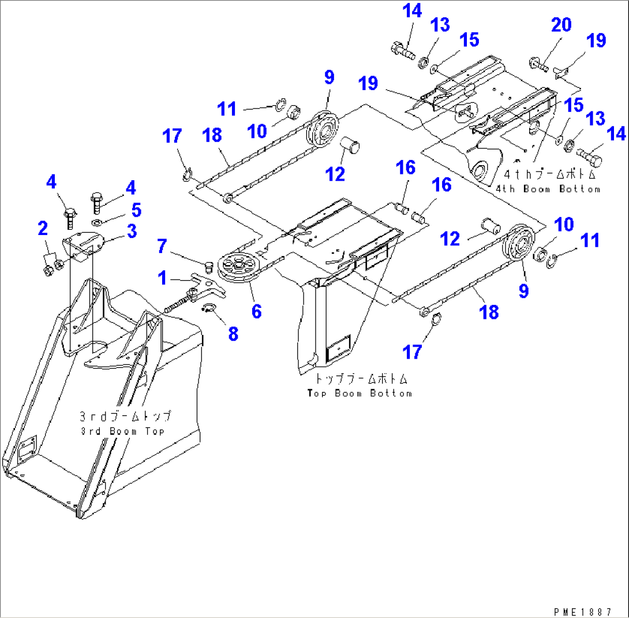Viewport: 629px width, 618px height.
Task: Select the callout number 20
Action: [561, 25]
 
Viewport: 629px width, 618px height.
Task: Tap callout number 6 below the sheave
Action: [256, 311]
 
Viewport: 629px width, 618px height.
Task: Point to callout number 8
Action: [233, 333]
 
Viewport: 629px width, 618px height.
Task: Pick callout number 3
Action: [132, 232]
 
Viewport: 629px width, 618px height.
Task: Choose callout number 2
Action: [43, 228]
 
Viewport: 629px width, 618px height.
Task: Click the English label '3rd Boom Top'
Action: [122, 431]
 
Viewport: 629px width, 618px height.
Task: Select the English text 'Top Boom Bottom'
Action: [359, 393]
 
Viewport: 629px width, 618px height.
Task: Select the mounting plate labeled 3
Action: [85, 242]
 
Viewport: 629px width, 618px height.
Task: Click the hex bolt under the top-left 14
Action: [404, 51]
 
